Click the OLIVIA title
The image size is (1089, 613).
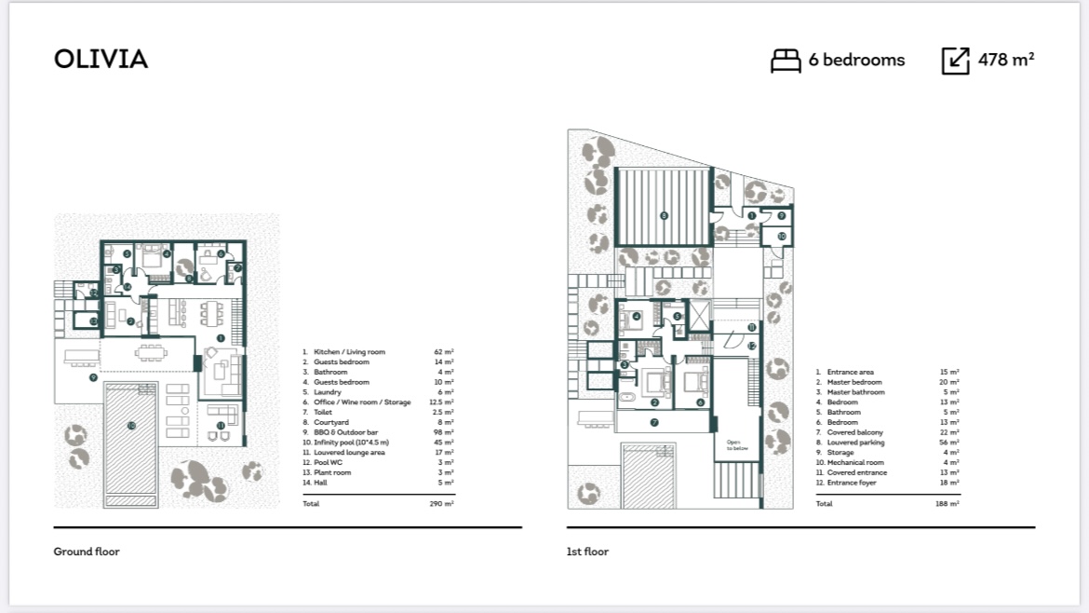click(101, 60)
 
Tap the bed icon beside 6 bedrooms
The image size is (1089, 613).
click(786, 61)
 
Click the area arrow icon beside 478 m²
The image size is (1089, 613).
click(956, 61)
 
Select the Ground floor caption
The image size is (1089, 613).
click(87, 552)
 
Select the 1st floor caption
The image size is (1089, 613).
click(587, 552)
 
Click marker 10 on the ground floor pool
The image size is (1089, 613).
click(131, 426)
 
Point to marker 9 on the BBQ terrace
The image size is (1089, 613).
click(93, 377)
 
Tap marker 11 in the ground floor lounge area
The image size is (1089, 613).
click(221, 426)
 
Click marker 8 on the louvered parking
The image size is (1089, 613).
click(663, 216)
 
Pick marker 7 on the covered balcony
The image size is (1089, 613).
click(654, 422)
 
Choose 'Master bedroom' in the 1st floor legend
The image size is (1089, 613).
click(854, 382)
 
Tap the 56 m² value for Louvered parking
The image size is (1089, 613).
click(948, 443)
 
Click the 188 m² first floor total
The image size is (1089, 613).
click(948, 504)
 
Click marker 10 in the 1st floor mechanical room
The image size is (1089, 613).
click(782, 237)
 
